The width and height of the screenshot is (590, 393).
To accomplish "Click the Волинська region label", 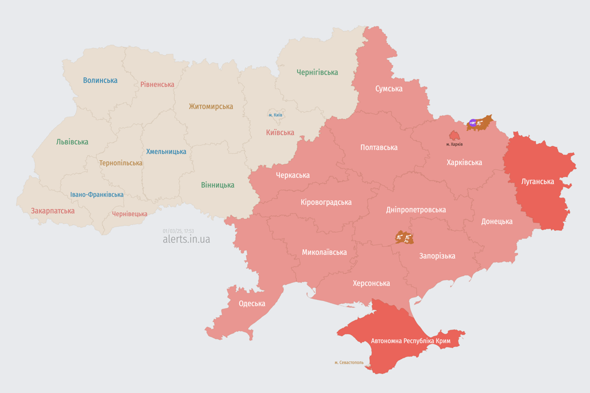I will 100,80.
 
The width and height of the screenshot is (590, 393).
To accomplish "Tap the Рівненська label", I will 157,84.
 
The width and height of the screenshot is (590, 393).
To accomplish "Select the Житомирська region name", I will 210,106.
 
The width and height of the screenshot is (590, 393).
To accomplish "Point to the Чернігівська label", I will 317,72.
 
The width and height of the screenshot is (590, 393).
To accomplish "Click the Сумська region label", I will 388,89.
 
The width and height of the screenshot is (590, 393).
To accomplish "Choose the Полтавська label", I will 378,147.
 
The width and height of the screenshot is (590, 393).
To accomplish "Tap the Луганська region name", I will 537,181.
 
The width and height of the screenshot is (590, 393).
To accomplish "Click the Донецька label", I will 496,222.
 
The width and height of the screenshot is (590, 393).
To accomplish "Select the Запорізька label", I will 437,256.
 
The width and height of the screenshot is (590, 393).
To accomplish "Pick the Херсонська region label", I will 371,283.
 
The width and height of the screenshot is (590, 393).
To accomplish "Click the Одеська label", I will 251,303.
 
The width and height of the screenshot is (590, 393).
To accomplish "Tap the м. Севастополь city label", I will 349,362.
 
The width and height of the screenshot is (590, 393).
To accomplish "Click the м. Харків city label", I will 454,144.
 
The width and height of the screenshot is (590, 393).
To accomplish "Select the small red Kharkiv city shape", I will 454,136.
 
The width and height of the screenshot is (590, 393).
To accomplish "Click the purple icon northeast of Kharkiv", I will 472,123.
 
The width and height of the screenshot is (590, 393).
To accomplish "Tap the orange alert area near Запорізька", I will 404,237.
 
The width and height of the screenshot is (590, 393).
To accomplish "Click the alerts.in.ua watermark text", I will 186,239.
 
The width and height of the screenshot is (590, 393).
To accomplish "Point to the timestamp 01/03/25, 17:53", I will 178,231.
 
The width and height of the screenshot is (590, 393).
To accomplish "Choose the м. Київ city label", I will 275,115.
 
